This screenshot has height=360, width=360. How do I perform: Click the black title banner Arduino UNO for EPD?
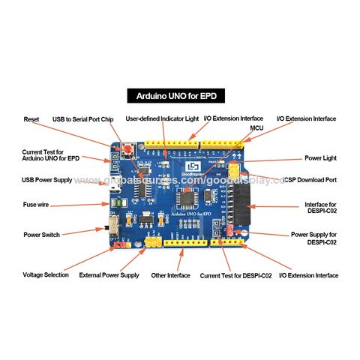tap(180, 97)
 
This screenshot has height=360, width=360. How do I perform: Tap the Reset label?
tap(31, 119)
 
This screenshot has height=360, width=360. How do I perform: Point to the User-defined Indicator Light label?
tap(162, 118)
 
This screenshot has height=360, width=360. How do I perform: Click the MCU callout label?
tap(256, 128)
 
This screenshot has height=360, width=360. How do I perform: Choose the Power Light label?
tap(320, 158)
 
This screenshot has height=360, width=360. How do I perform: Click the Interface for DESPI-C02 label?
tap(320, 208)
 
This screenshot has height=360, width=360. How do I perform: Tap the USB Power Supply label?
tap(47, 180)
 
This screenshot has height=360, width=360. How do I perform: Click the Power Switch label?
tap(41, 235)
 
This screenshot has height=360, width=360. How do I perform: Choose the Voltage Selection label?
tap(43, 275)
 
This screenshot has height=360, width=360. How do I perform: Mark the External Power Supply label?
tap(109, 275)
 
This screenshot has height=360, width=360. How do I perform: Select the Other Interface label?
tap(169, 275)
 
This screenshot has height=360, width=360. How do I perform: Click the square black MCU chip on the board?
tap(186, 199)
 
